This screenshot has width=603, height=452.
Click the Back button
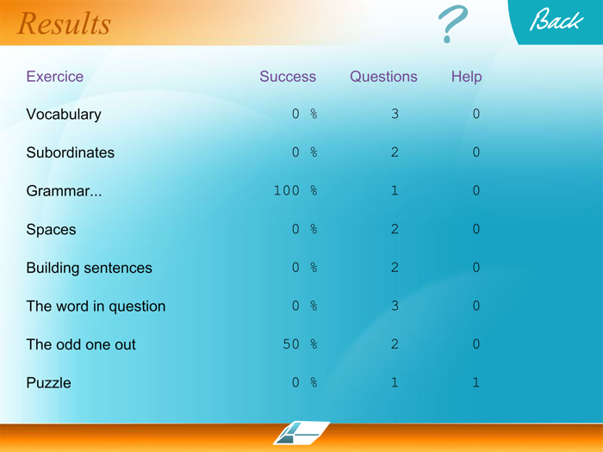click(x=556, y=21)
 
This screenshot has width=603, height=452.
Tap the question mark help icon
click(x=452, y=24)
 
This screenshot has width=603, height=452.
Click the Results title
click(x=65, y=23)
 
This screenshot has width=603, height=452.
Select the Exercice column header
click(x=55, y=77)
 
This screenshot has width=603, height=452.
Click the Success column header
click(x=288, y=77)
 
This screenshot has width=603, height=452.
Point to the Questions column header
click(x=383, y=77)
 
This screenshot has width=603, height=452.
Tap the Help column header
click(x=466, y=77)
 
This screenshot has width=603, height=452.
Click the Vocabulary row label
click(x=64, y=115)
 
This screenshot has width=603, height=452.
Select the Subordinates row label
click(x=71, y=153)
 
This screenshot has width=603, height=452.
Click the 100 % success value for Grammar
click(x=295, y=191)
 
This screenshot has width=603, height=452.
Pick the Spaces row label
click(x=51, y=230)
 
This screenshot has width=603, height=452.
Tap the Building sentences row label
click(x=89, y=268)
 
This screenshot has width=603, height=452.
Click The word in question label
click(x=96, y=306)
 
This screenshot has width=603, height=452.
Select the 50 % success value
click(x=301, y=344)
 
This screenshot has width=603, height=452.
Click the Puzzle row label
click(x=49, y=383)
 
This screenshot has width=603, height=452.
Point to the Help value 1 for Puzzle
click(x=476, y=383)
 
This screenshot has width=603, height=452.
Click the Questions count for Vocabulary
click(x=395, y=115)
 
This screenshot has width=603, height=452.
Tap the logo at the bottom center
click(x=301, y=432)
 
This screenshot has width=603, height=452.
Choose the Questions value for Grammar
click(x=395, y=191)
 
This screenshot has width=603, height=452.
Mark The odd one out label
click(x=81, y=344)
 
